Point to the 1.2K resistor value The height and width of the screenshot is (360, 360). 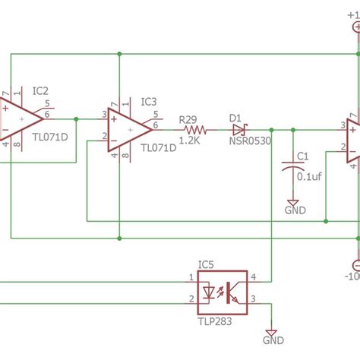coord(189,141)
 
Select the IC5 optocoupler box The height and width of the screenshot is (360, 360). coord(223,289)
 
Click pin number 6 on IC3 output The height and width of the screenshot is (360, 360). coord(156,125)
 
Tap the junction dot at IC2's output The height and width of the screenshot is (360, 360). coord(76,118)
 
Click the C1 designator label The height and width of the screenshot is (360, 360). coord(302,156)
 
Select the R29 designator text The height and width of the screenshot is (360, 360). coord(188,119)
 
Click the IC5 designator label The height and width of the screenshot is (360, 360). coord(206,264)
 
